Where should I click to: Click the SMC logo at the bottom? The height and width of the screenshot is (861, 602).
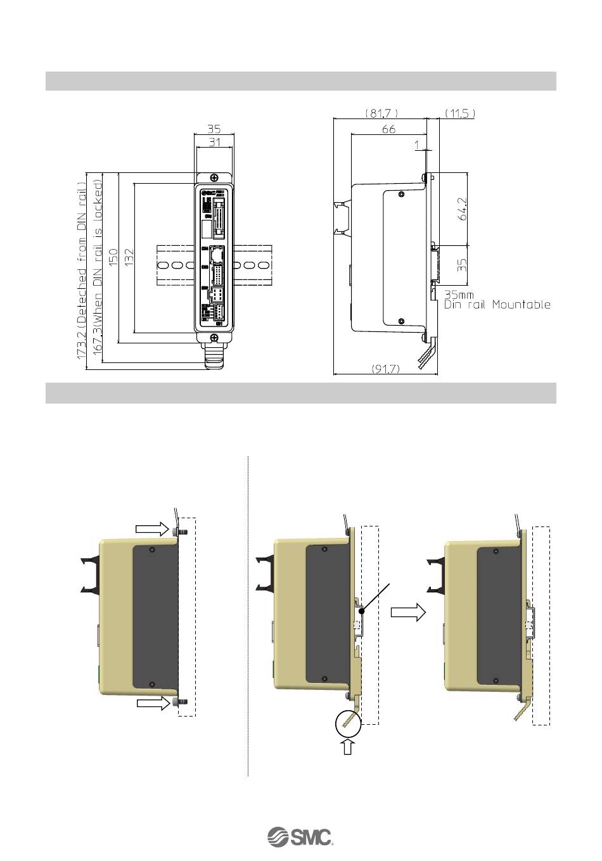[300, 836]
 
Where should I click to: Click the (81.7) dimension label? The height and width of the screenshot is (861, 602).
[381, 113]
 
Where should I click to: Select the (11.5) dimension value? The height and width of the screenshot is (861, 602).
[459, 113]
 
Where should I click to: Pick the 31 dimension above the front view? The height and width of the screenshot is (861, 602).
[215, 143]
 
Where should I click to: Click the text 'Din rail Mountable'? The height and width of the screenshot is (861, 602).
[497, 305]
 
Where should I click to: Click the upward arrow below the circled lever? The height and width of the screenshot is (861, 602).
[347, 748]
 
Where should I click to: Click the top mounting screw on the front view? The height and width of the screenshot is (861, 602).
[215, 179]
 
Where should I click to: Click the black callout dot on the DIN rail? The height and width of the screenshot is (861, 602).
[361, 612]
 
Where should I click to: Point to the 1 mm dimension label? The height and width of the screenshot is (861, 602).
[416, 145]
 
